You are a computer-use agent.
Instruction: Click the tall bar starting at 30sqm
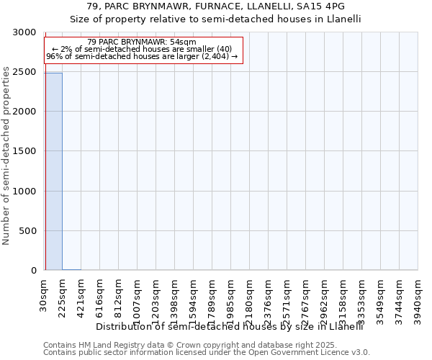pyautogui.click(x=53, y=171)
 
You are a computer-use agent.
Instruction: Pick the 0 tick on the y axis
pyautogui.click(x=33, y=271)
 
